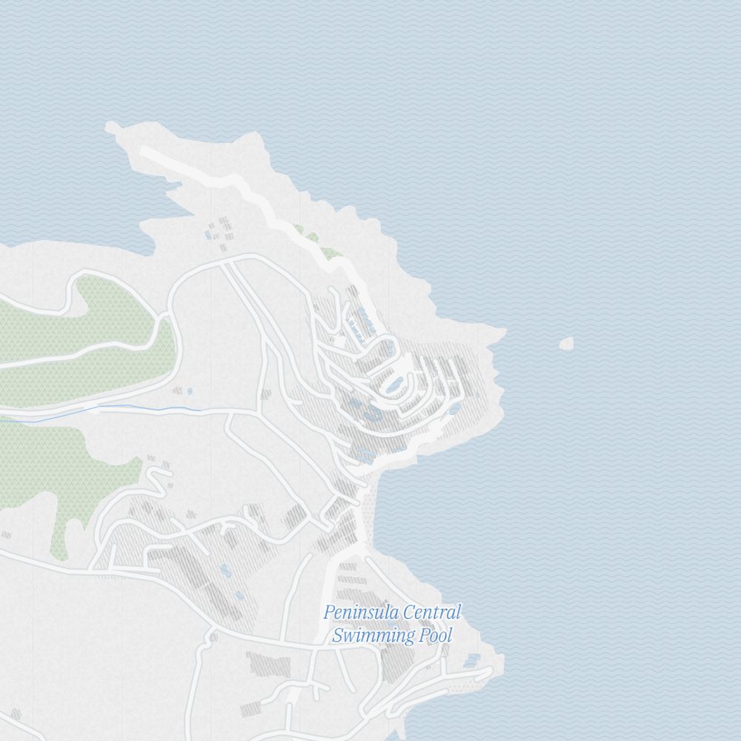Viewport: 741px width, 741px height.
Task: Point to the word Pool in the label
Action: [436, 635]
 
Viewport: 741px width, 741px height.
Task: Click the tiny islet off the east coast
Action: [567, 343]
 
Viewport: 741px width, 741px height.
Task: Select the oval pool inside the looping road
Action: [393, 383]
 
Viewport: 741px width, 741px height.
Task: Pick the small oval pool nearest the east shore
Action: [454, 408]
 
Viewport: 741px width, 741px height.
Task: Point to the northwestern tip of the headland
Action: [111, 127]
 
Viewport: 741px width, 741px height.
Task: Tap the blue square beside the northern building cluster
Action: [208, 235]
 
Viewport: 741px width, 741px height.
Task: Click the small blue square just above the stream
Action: [190, 391]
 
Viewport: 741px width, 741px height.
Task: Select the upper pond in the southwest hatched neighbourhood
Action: [225, 570]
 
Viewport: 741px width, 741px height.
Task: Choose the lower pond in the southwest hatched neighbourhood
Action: [239, 594]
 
